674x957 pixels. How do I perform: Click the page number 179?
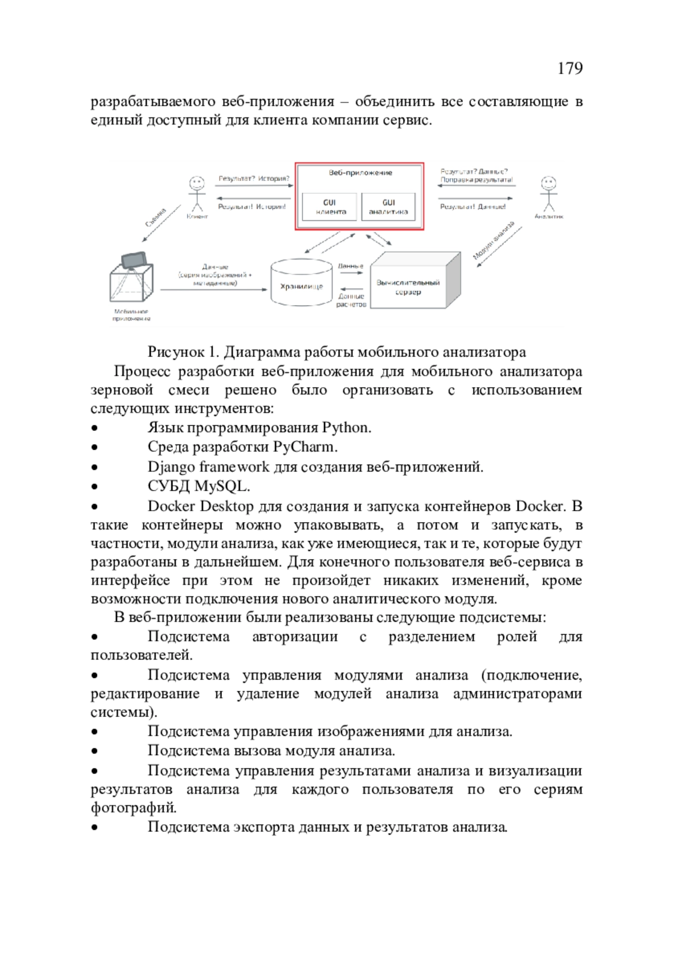pyautogui.click(x=570, y=69)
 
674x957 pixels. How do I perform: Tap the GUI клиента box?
pyautogui.click(x=330, y=207)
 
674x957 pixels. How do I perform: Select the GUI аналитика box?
pyautogui.click(x=388, y=207)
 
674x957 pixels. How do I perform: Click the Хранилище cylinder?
pyautogui.click(x=302, y=285)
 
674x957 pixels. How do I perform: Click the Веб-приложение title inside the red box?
pyautogui.click(x=360, y=173)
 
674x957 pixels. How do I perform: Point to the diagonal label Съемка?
pyautogui.click(x=156, y=217)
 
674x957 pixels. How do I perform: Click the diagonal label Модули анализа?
pyautogui.click(x=493, y=241)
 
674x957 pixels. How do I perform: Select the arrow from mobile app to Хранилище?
pyautogui.click(x=213, y=289)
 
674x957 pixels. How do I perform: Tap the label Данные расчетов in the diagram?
pyautogui.click(x=351, y=300)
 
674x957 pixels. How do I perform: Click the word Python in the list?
pyautogui.click(x=345, y=428)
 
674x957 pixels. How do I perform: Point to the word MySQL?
pyautogui.click(x=222, y=486)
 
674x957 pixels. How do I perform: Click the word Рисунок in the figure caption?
pyautogui.click(x=176, y=352)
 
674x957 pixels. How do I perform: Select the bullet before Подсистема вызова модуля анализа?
pyautogui.click(x=95, y=751)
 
